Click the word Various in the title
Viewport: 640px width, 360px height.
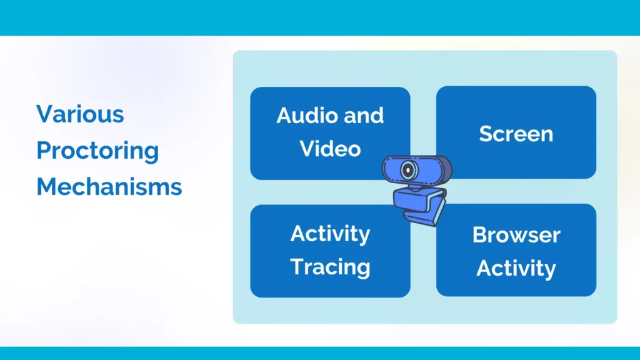click(80, 114)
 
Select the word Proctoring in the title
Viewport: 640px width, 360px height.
click(97, 151)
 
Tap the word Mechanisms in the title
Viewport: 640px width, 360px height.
click(109, 186)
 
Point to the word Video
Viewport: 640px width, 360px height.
click(330, 148)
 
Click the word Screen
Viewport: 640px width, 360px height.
click(516, 134)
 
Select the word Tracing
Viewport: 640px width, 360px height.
click(330, 267)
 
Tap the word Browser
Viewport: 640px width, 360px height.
click(516, 235)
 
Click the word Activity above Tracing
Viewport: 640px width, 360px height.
click(330, 234)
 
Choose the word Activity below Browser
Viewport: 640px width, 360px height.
click(516, 269)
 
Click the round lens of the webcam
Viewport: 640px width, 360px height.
click(408, 170)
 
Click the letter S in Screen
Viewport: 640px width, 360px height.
click(486, 134)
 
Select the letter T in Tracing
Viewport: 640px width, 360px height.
click(297, 266)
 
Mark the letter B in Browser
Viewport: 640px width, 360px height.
click(481, 235)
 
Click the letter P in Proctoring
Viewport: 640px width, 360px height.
click(44, 150)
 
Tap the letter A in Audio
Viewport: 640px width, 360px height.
click(284, 116)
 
